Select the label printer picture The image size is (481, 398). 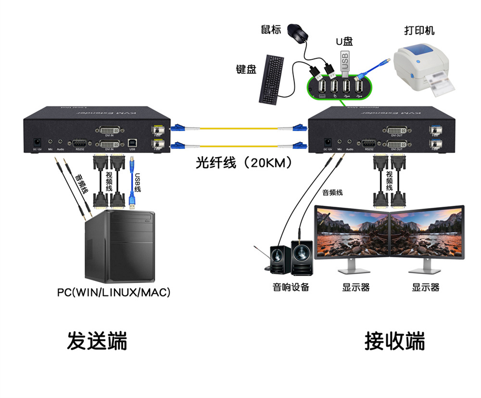(421, 67)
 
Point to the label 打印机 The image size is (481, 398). (419, 30)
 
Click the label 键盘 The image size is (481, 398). (245, 69)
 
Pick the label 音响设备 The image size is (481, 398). (291, 288)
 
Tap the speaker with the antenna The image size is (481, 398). (279, 260)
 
